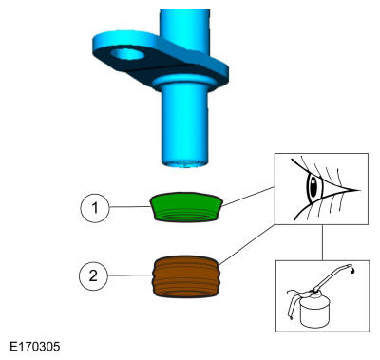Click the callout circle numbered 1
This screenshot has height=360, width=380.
95,208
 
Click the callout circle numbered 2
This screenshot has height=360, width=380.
93,275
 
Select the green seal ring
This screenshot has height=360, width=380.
186,207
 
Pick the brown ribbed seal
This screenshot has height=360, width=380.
185,276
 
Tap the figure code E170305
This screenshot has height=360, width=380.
34,346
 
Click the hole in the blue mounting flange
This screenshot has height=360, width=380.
128,54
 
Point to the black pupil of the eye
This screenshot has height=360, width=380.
313,187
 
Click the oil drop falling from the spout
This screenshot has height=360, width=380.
352,271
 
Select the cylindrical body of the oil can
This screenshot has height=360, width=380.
314,312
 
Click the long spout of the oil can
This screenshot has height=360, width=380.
332,276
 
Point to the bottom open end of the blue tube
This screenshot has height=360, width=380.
184,163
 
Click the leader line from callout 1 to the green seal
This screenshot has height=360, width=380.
129,207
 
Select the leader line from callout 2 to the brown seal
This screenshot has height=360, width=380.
130,275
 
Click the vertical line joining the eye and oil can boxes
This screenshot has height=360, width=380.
322,242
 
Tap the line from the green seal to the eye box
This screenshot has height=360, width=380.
249,197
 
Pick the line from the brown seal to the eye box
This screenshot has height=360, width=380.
247,244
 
